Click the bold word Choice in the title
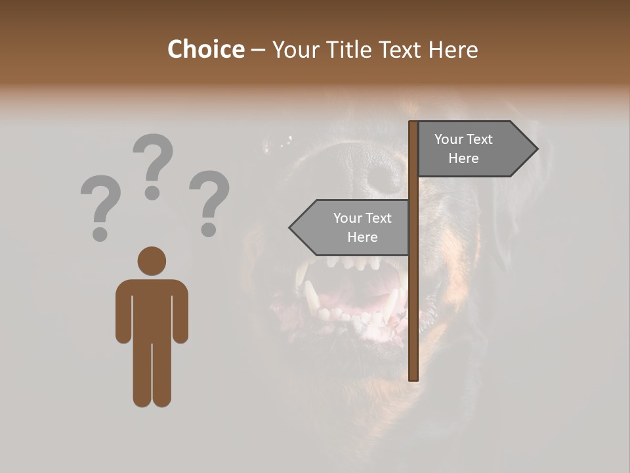pos(205,49)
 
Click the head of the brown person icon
pos(152,261)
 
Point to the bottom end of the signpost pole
pos(413,377)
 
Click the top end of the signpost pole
pos(413,124)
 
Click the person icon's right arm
pos(180,312)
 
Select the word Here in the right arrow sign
pos(463,158)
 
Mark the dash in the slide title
pos(258,50)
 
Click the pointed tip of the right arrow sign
pos(536,149)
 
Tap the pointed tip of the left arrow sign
pos(291,227)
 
